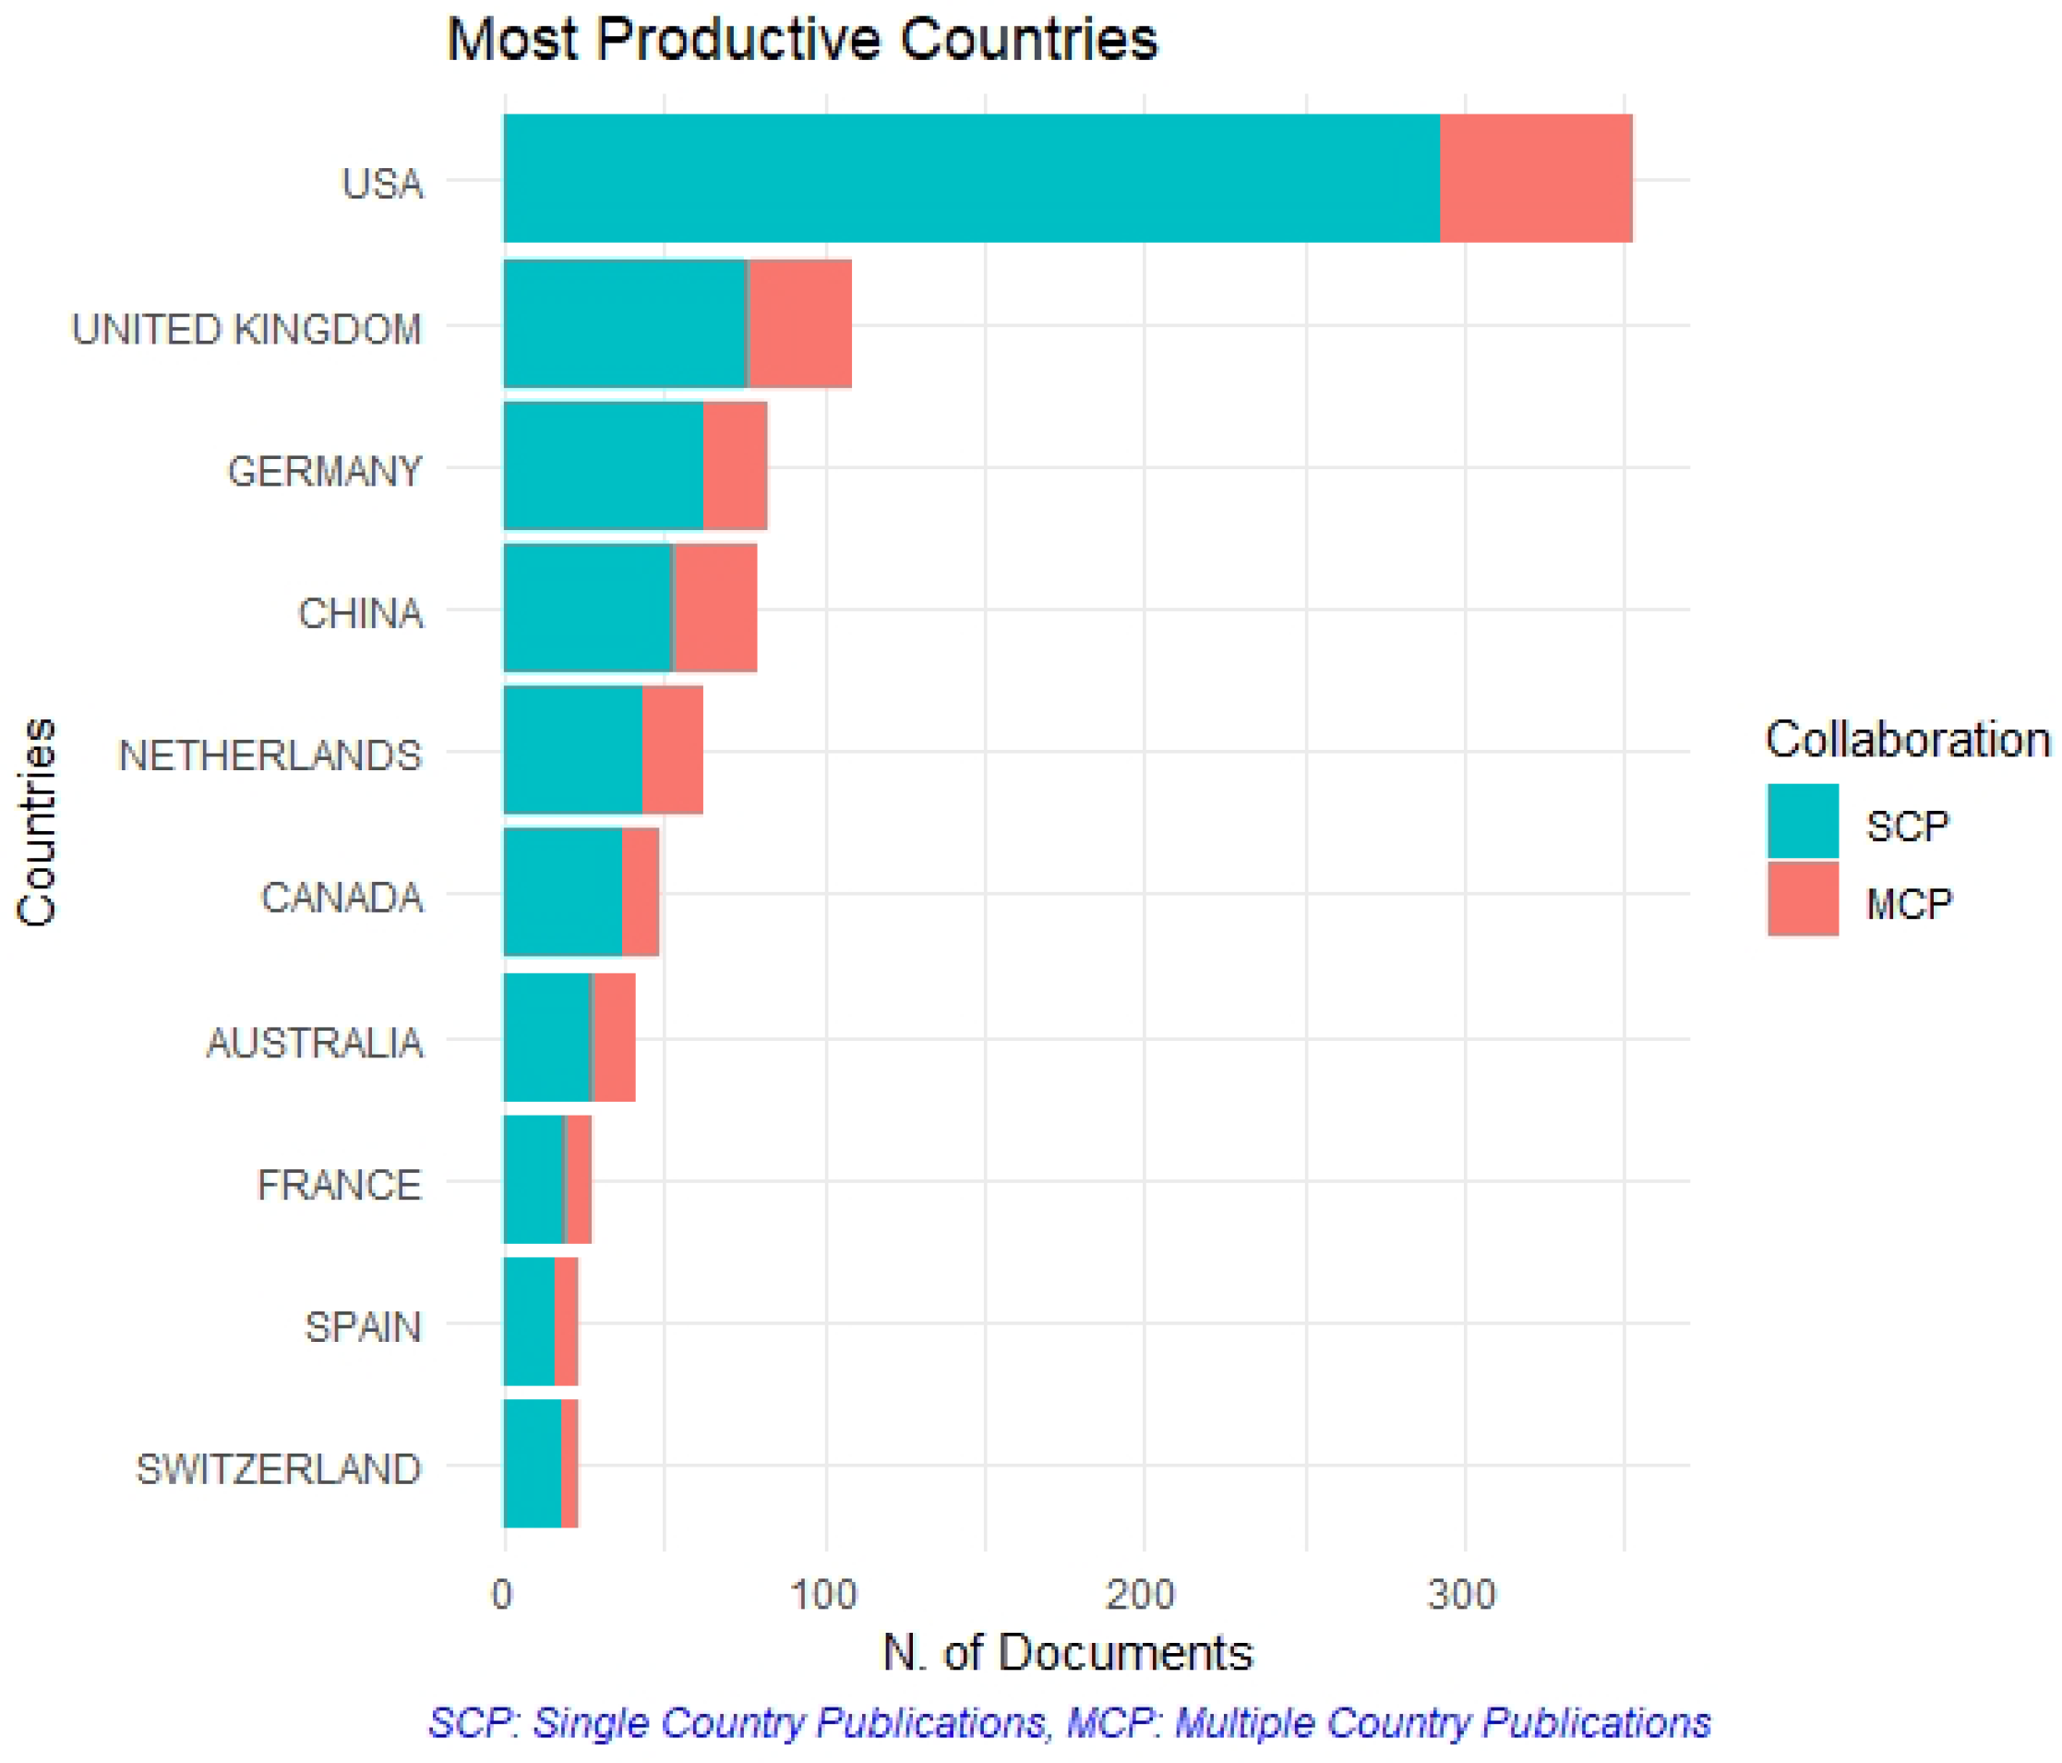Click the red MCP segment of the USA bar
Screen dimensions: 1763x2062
pyautogui.click(x=1536, y=178)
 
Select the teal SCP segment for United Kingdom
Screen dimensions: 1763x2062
pyautogui.click(x=625, y=323)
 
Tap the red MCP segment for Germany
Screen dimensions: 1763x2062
pyautogui.click(x=735, y=465)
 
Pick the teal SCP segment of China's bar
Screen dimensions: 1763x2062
pyautogui.click(x=588, y=609)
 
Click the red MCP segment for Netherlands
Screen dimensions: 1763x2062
pyautogui.click(x=672, y=751)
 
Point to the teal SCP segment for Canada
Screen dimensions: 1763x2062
pyautogui.click(x=562, y=892)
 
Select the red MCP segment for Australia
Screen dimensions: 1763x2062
pyautogui.click(x=614, y=1037)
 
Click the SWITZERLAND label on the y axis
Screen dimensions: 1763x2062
pyautogui.click(x=279, y=1469)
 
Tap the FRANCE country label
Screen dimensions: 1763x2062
pyautogui.click(x=340, y=1185)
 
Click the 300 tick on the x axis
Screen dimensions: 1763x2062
pyautogui.click(x=1461, y=1595)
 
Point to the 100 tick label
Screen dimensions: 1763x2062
pyautogui.click(x=823, y=1595)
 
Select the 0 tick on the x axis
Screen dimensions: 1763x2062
pyautogui.click(x=502, y=1595)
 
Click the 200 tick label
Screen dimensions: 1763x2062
pyautogui.click(x=1142, y=1595)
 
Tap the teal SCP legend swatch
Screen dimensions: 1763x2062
pyautogui.click(x=1803, y=821)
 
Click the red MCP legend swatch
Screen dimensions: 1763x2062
pyautogui.click(x=1803, y=899)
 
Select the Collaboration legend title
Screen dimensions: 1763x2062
pyautogui.click(x=1907, y=741)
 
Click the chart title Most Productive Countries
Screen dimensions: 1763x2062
pyautogui.click(x=802, y=40)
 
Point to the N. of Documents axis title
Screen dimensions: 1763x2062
pyautogui.click(x=1067, y=1653)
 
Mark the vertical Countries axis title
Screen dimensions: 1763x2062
pyautogui.click(x=37, y=822)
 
